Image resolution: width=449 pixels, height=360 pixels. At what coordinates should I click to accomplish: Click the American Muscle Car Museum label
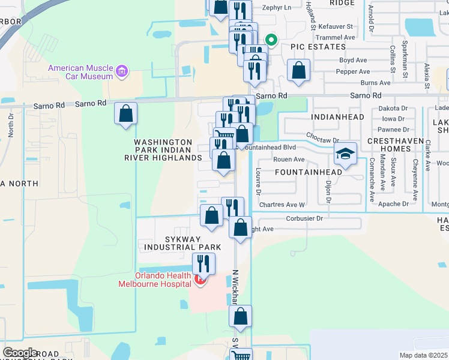pos(82,72)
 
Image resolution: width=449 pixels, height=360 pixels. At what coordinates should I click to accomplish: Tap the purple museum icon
pos(122,72)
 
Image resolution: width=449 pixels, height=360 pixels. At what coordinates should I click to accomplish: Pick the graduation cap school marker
pos(346,155)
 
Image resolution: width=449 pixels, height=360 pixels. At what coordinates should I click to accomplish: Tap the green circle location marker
pos(271,41)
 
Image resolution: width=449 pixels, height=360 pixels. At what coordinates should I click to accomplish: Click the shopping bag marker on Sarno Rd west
pos(126,113)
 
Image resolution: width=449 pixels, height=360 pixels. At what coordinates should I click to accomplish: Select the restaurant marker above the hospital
pos(203,263)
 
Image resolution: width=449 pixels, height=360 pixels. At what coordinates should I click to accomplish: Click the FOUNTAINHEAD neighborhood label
pos(308,172)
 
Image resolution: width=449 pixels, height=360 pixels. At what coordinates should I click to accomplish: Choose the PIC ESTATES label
pos(318,47)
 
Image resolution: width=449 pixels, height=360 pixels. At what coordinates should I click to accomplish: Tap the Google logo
pos(20,353)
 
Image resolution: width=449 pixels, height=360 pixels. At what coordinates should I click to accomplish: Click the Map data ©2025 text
pos(424,356)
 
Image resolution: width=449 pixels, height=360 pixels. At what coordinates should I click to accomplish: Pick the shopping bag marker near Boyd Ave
pos(298,71)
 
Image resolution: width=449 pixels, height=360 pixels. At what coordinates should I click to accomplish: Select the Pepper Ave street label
pos(352,72)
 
